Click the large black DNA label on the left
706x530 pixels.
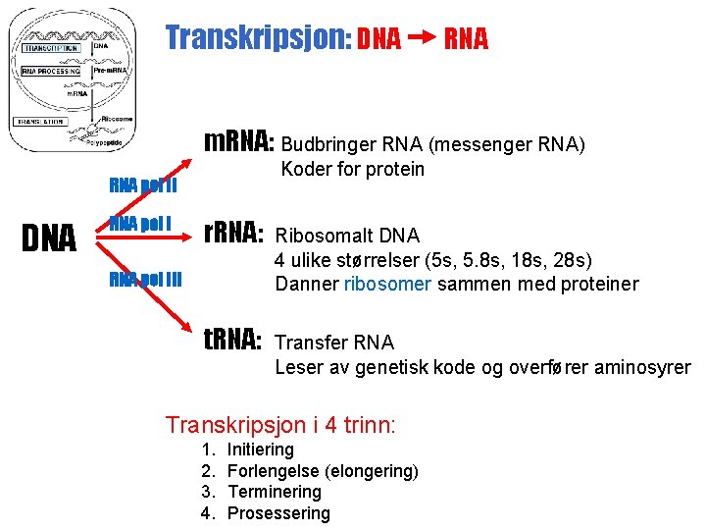(x=49, y=238)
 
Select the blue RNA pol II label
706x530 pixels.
(x=142, y=185)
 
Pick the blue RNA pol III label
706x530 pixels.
(x=146, y=279)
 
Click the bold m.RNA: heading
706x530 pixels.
(x=238, y=143)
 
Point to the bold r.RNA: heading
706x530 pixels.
(x=232, y=234)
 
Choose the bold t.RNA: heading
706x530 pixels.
(x=232, y=341)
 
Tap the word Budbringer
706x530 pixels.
(x=334, y=146)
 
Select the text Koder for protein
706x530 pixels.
(x=352, y=169)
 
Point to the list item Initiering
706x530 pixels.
(x=260, y=450)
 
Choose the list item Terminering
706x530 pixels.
(x=274, y=492)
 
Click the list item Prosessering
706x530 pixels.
(x=278, y=513)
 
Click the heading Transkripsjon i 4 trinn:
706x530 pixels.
(x=280, y=425)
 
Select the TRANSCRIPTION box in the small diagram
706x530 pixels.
(x=52, y=47)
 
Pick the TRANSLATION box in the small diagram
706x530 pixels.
(x=40, y=122)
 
